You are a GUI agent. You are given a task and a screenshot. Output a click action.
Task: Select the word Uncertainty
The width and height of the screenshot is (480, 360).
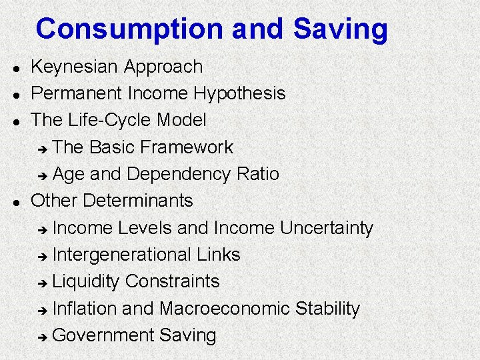click(327, 227)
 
